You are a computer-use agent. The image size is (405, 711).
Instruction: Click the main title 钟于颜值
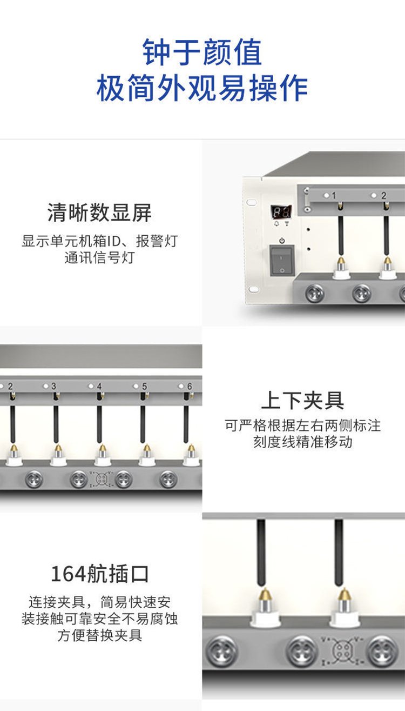(x=202, y=52)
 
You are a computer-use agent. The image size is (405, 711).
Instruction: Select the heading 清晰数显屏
(x=99, y=212)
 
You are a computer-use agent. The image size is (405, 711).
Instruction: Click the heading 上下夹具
(x=302, y=400)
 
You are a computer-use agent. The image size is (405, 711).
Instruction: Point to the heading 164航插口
(x=99, y=574)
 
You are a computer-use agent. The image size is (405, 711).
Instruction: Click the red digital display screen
(x=281, y=211)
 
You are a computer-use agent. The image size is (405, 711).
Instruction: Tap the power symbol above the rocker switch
(x=282, y=241)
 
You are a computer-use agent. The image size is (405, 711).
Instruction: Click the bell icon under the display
(x=276, y=223)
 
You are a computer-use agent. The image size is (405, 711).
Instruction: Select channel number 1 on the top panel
(x=334, y=196)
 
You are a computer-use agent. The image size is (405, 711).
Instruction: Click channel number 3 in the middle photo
(x=53, y=386)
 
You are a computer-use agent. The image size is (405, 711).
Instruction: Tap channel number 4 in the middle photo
(x=99, y=386)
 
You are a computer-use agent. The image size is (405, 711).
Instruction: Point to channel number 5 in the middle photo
(x=144, y=386)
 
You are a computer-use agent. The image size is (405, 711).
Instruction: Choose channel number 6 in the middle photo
(x=190, y=386)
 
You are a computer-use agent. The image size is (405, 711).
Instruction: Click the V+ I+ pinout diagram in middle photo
(x=101, y=479)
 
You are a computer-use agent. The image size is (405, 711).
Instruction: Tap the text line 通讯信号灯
(x=99, y=257)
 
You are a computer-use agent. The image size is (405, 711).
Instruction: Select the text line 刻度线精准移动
(x=302, y=442)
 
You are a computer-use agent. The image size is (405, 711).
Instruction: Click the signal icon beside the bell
(x=287, y=223)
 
